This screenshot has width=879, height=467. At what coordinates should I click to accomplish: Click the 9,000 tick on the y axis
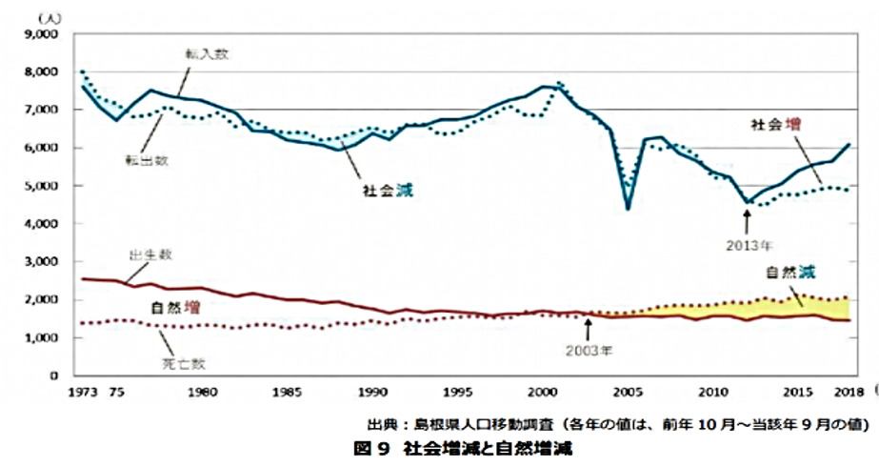[45, 34]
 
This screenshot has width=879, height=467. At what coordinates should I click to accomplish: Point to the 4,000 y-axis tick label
[45, 224]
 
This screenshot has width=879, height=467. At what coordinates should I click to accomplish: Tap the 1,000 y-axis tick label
[45, 338]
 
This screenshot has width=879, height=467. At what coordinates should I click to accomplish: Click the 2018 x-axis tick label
[849, 391]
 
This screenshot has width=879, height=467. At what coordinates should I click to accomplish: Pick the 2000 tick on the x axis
[542, 391]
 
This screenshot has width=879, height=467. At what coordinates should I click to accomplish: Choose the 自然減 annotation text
[791, 272]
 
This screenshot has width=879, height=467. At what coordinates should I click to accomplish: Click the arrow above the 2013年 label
[749, 217]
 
